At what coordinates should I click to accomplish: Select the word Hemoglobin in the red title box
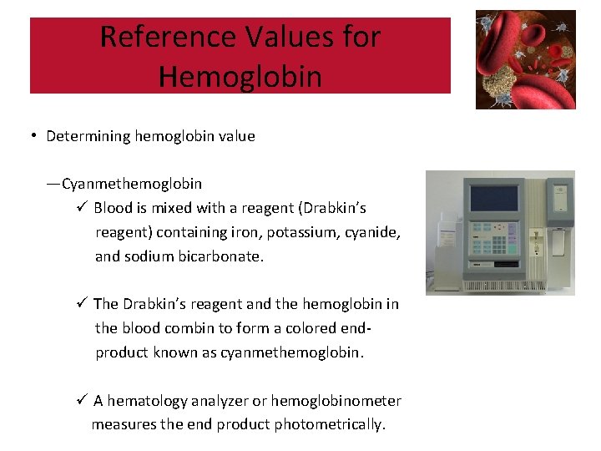[240, 77]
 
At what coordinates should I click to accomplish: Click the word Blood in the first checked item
[113, 207]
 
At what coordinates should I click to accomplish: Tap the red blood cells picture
[526, 59]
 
